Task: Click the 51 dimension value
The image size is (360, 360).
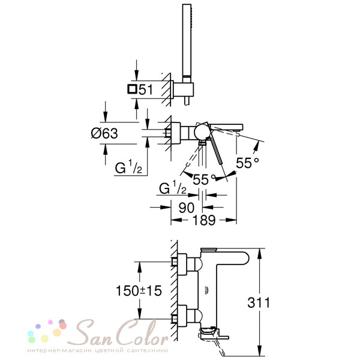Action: pyautogui.click(x=146, y=89)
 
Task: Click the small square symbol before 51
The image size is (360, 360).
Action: pyautogui.click(x=133, y=89)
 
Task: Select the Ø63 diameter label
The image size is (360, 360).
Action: pyautogui.click(x=104, y=133)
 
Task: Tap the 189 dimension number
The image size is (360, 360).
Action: pyautogui.click(x=204, y=220)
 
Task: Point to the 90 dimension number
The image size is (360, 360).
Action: pyautogui.click(x=187, y=208)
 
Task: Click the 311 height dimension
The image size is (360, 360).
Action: pyautogui.click(x=259, y=302)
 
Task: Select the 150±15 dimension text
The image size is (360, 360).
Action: pyautogui.click(x=139, y=290)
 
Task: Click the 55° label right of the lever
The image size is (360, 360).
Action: pyautogui.click(x=247, y=163)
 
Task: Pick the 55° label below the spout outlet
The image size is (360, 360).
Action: pyautogui.click(x=205, y=179)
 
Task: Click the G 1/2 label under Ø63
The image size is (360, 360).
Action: pyautogui.click(x=128, y=167)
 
